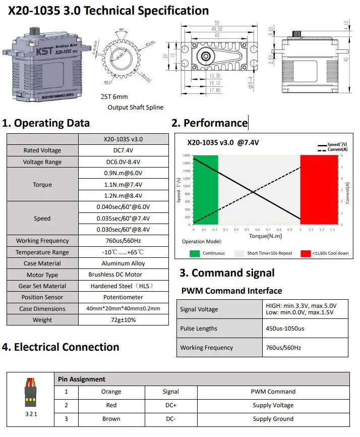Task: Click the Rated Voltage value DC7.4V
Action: pyautogui.click(x=123, y=150)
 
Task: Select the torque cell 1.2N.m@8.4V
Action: pyautogui.click(x=123, y=196)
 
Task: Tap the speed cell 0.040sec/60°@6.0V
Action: pyautogui.click(x=123, y=207)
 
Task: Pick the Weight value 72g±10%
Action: pyautogui.click(x=123, y=320)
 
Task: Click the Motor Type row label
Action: pyautogui.click(x=42, y=275)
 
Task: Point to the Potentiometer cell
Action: pyautogui.click(x=123, y=297)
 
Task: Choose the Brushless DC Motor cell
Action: pyautogui.click(x=123, y=275)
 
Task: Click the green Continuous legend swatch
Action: pyautogui.click(x=195, y=253)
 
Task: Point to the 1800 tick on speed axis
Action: pyautogui.click(x=187, y=156)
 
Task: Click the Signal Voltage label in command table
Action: pyautogui.click(x=199, y=309)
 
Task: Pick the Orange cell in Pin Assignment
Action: pyautogui.click(x=111, y=392)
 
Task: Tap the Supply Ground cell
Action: pyautogui.click(x=273, y=419)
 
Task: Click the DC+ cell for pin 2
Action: pyautogui.click(x=170, y=405)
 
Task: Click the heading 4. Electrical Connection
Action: pyautogui.click(x=61, y=347)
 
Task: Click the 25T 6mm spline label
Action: pyautogui.click(x=114, y=96)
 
